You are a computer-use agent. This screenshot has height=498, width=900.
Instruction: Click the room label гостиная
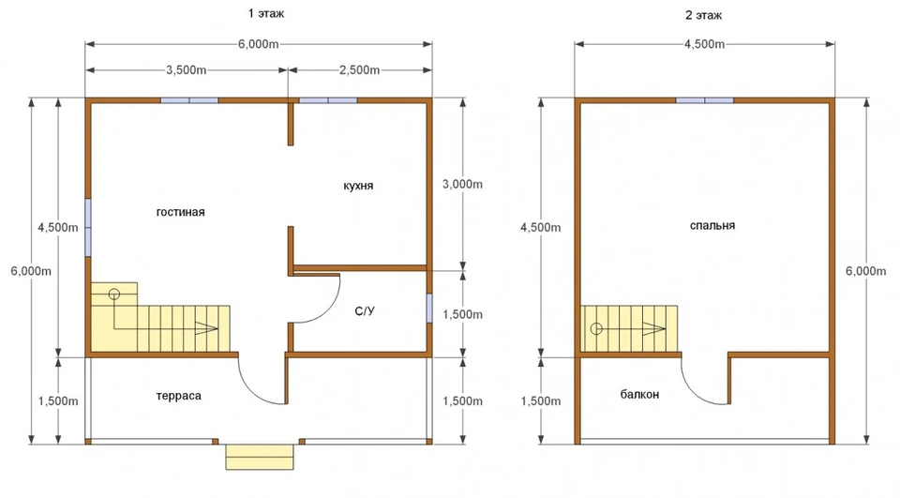(180, 213)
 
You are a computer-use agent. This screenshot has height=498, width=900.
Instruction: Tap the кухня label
(358, 186)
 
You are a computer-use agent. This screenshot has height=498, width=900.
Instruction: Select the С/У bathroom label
(365, 311)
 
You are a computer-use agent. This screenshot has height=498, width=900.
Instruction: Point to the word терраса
(178, 396)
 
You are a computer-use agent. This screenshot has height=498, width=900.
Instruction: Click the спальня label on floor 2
(712, 226)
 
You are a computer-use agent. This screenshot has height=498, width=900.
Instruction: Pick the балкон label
(639, 395)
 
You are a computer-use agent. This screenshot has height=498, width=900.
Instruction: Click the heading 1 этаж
(265, 13)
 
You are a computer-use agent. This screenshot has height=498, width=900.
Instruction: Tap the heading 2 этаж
(704, 16)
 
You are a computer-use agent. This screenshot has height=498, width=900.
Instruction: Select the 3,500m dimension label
(186, 70)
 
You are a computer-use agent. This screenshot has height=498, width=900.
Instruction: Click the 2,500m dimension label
(359, 70)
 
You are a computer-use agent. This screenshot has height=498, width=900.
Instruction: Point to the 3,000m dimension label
(462, 185)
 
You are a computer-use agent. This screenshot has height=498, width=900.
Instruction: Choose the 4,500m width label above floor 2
(704, 44)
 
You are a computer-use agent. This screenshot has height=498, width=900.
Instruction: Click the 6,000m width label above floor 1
(259, 44)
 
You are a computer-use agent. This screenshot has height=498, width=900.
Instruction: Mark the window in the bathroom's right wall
(429, 309)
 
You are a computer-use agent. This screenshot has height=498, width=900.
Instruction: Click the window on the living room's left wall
(88, 228)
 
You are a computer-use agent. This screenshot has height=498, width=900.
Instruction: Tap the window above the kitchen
(328, 100)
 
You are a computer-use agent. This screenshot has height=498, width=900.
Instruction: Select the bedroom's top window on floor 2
(705, 100)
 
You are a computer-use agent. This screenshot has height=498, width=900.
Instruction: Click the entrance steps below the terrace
(260, 457)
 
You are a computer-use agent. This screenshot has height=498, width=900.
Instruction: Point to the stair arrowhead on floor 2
(655, 329)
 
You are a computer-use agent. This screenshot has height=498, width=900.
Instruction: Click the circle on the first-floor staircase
(114, 294)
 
